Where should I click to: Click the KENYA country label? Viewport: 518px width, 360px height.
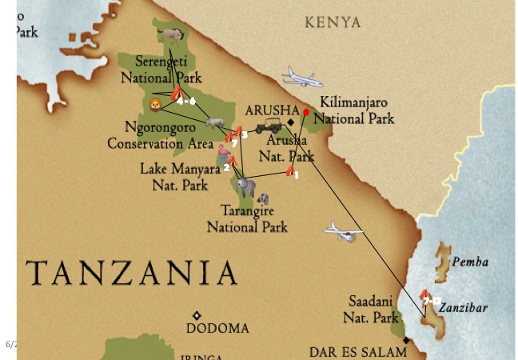(x=333, y=22)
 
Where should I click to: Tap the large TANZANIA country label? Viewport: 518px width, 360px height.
(x=131, y=274)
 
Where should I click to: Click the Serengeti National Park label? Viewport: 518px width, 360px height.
(x=161, y=70)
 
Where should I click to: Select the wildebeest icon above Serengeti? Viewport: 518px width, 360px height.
(x=171, y=34)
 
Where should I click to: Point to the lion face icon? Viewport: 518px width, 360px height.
(x=155, y=105)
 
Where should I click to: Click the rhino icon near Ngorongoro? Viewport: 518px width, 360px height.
(x=213, y=123)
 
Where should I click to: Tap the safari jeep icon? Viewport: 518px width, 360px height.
(x=269, y=126)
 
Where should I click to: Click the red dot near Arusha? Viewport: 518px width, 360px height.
(x=305, y=113)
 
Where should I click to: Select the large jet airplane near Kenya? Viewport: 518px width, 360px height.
(x=302, y=78)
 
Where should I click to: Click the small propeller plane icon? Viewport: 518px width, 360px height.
(x=342, y=233)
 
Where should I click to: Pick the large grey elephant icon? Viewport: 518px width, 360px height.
(x=246, y=187)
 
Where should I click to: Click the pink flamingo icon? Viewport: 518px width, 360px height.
(x=223, y=151)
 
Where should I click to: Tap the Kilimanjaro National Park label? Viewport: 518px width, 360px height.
(x=357, y=110)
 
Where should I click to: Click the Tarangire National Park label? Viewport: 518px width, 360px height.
(x=247, y=219)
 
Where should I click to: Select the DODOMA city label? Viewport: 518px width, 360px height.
(x=217, y=329)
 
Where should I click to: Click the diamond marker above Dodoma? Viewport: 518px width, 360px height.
(x=197, y=315)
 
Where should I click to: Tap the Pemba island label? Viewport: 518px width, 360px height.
(x=470, y=262)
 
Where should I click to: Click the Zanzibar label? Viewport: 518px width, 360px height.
(x=463, y=307)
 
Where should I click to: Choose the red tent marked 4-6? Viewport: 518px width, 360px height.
(x=177, y=94)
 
